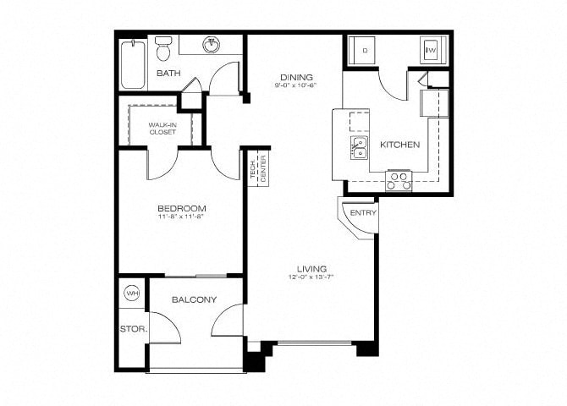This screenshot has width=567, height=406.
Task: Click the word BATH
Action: tap(169, 74)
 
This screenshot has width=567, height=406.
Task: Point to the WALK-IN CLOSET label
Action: tap(162, 129)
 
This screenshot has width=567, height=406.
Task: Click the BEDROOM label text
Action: tap(182, 208)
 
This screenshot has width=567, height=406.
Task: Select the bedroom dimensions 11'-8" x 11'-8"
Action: tap(182, 217)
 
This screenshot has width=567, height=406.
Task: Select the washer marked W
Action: tap(430, 51)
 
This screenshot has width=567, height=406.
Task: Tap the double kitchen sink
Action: tap(359, 149)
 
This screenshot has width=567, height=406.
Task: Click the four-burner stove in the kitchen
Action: tap(399, 179)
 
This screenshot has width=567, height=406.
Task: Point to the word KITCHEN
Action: tap(399, 145)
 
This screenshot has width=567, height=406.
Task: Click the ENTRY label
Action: tap(363, 212)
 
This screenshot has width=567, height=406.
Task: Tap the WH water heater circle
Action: tap(132, 294)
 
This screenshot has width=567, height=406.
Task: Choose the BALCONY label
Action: tap(195, 299)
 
